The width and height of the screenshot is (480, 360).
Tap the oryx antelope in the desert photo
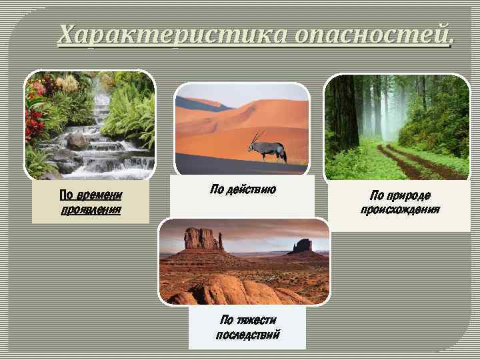pos(269,148)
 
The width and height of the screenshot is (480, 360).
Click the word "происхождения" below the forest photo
pos(400,209)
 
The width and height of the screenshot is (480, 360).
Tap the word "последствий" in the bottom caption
pos(247,333)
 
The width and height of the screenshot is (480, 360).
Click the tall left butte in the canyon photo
pos(203,239)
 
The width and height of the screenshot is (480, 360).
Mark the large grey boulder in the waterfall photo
pos(77,140)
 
